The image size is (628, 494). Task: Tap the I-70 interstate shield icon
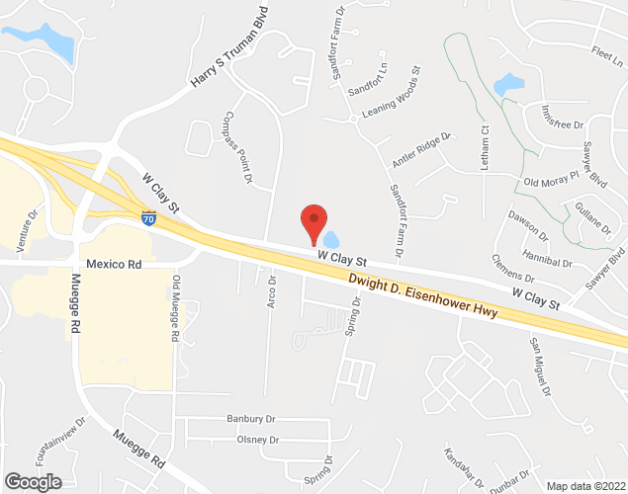[x=148, y=218]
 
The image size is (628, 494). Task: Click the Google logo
[x=32, y=482]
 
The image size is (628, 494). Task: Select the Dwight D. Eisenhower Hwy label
[x=422, y=297]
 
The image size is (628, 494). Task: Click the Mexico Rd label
[x=115, y=265]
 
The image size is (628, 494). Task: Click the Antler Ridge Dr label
[x=422, y=149]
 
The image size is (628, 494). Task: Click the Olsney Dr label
[x=252, y=440]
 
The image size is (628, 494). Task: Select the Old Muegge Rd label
[x=176, y=308]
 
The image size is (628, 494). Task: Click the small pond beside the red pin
[x=330, y=239]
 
